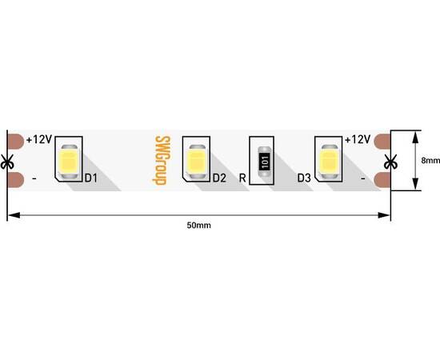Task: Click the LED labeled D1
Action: (69, 162)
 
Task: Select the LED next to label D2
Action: (197, 162)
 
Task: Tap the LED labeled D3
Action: (329, 162)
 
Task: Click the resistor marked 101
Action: (265, 162)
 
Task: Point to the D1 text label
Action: (91, 178)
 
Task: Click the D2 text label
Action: (219, 178)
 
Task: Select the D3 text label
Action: (304, 178)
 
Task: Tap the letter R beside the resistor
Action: (242, 178)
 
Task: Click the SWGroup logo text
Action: (162, 161)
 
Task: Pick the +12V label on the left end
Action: (39, 139)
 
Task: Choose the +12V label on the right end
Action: (358, 139)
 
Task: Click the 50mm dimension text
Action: (198, 226)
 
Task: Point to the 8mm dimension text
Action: (430, 161)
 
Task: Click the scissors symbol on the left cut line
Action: (7, 162)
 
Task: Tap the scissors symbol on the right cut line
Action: (390, 162)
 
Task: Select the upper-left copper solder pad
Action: (16, 141)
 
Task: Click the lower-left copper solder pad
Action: (16, 180)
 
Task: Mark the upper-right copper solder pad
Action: (382, 141)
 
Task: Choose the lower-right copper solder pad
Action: (382, 180)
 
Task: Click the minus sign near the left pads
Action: (34, 178)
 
